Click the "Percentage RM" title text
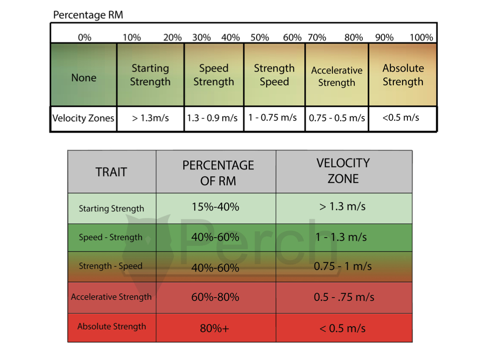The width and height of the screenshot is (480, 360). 88,15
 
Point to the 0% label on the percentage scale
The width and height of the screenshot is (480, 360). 84,37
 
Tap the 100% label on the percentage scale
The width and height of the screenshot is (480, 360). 421,37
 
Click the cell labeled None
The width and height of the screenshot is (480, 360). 84,78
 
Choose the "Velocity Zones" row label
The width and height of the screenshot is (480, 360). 83,118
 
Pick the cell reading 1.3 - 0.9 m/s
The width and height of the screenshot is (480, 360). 212,118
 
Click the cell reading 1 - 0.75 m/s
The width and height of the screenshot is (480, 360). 273,117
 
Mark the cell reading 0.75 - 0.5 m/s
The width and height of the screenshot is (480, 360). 337,118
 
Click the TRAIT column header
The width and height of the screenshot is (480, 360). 112,172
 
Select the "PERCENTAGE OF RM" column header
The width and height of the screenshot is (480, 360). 218,172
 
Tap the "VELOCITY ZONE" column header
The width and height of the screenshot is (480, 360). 344,171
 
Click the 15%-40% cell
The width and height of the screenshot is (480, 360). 215,207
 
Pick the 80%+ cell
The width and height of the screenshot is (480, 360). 215,329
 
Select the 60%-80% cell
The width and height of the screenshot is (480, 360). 215,297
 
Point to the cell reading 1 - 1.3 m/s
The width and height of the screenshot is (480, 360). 341,237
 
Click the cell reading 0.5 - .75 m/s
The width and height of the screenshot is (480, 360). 344,297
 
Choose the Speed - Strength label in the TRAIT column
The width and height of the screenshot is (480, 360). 111,237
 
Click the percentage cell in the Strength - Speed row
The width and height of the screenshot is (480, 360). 215,268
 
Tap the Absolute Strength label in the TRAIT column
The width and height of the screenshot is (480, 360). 112,327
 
